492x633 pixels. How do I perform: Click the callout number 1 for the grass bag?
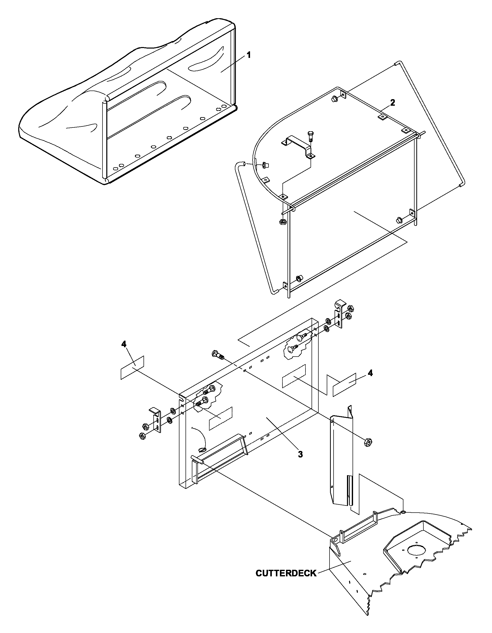248,55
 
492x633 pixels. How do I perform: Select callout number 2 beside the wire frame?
392,103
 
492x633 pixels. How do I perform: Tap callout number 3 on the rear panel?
300,454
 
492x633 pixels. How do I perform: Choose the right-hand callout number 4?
370,373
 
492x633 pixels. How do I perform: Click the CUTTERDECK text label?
286,573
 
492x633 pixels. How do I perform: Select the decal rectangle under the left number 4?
132,368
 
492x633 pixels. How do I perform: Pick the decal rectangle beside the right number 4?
344,385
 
